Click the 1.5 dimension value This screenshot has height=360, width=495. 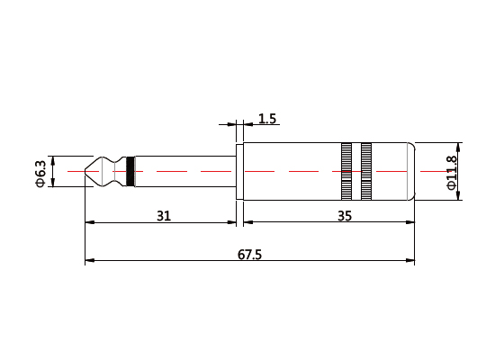click(267, 119)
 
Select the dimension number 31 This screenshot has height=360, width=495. click(163, 216)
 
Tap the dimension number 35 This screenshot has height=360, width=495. click(344, 216)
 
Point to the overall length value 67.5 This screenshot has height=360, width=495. click(249, 255)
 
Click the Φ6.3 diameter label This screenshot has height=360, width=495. click(40, 172)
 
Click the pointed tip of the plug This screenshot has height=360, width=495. click(86, 171)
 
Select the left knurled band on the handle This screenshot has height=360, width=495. click(346, 171)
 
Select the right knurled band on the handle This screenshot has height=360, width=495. click(366, 171)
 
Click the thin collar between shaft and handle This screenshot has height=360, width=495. click(239, 171)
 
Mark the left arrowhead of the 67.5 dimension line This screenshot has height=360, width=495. click(88, 262)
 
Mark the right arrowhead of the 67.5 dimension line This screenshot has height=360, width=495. click(411, 262)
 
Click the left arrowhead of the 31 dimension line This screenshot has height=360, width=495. click(88, 222)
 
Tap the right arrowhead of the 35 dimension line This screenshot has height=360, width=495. click(411, 222)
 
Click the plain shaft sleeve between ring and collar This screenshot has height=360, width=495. click(184, 171)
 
